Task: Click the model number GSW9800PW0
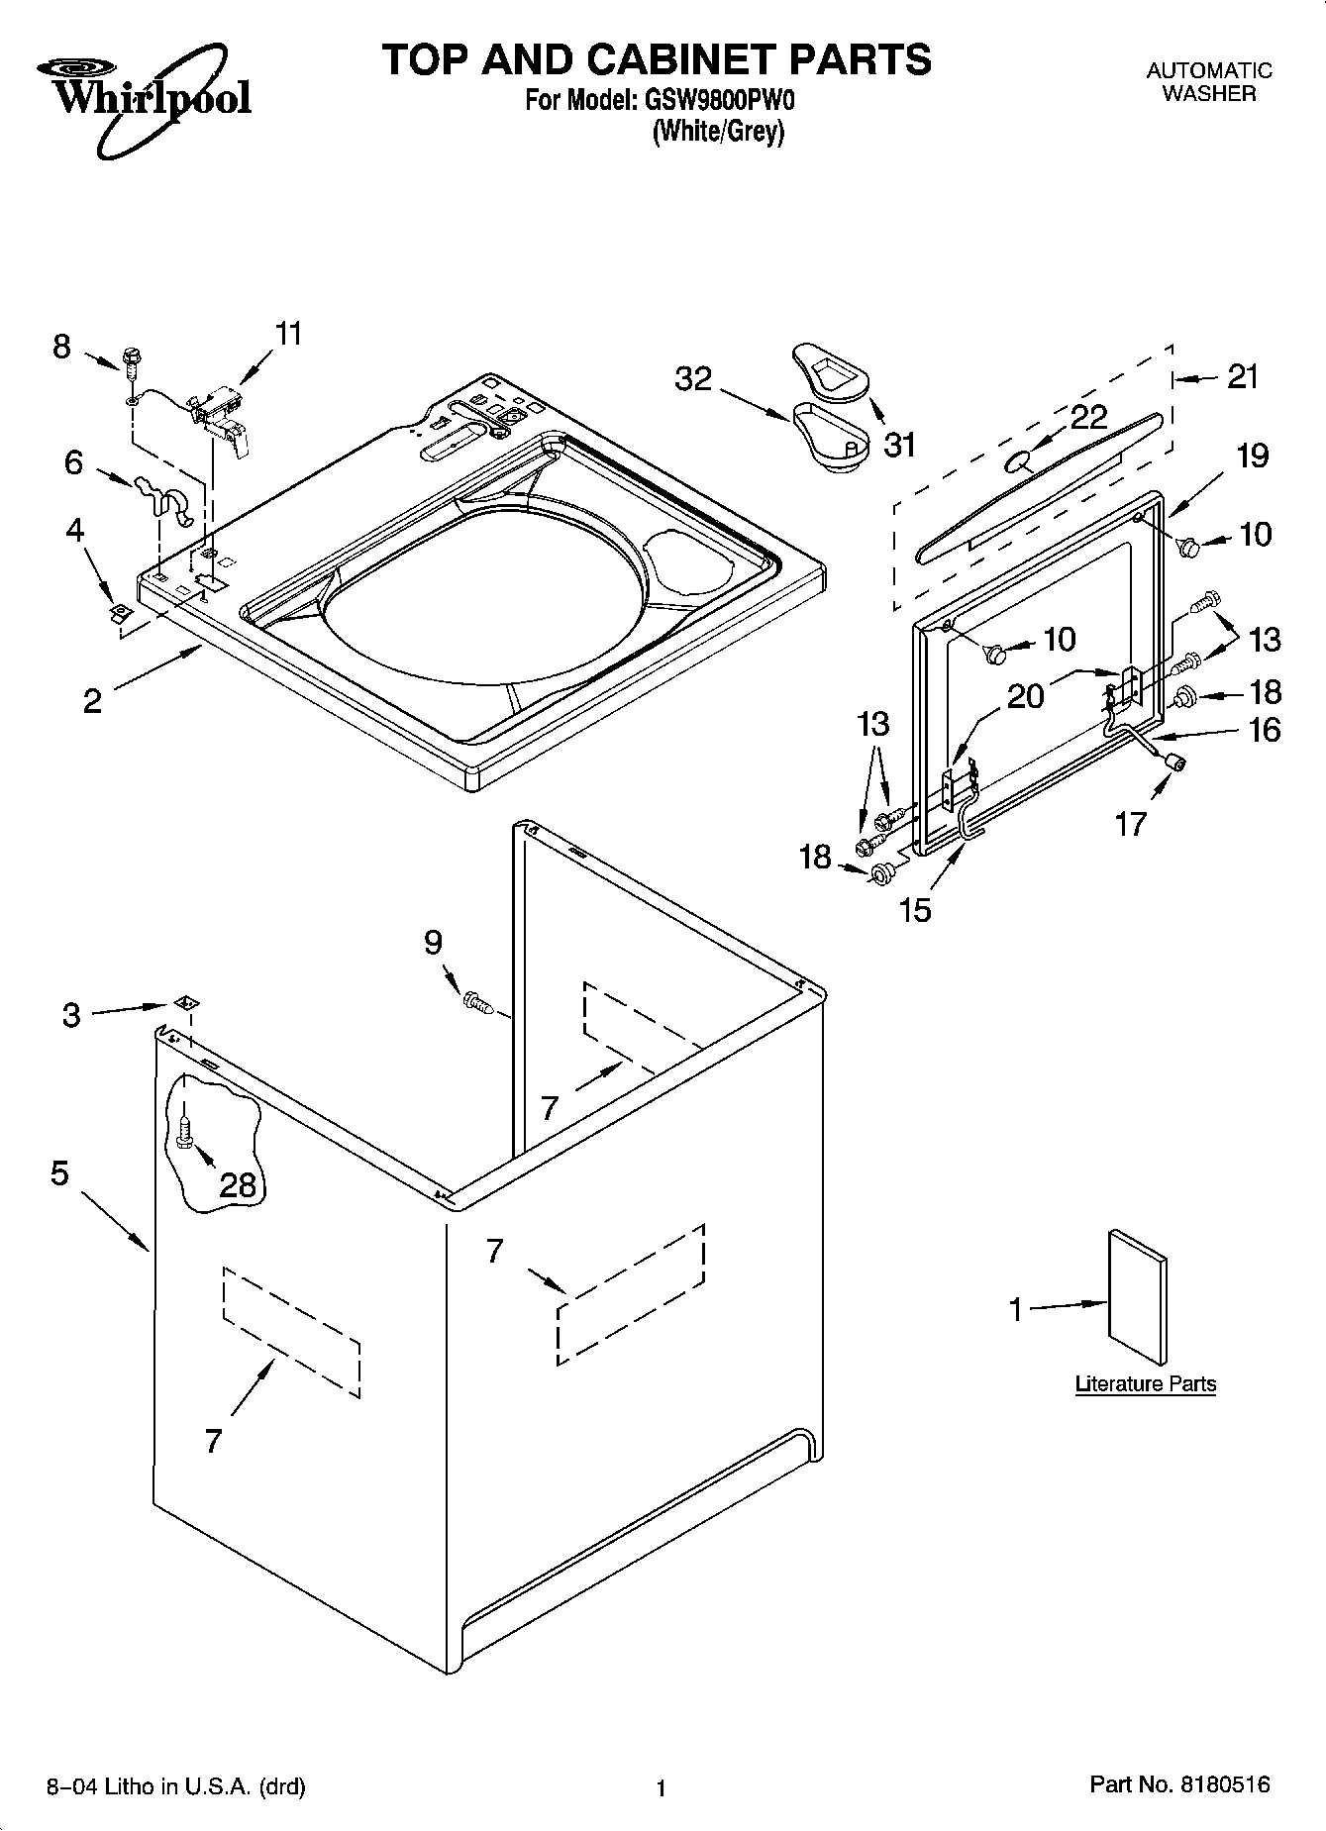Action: [x=728, y=100]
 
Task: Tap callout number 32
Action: [x=693, y=378]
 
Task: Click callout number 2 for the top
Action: [x=92, y=701]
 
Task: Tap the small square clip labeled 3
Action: [x=184, y=1003]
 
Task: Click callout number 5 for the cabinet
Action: [x=59, y=1174]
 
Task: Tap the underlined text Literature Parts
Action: [x=1145, y=1384]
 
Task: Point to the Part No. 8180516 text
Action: [x=1179, y=1785]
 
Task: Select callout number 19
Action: [x=1253, y=456]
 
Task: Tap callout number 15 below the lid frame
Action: [x=916, y=909]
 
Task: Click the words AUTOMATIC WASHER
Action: [x=1208, y=81]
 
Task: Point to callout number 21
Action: [x=1243, y=376]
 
